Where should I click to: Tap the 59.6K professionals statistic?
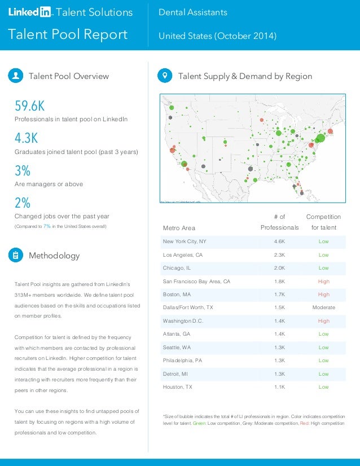(x=30, y=106)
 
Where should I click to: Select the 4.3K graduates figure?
(x=27, y=138)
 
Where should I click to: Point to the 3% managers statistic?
(x=23, y=171)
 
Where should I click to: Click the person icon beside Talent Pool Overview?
(x=16, y=76)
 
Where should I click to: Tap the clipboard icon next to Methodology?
(x=16, y=256)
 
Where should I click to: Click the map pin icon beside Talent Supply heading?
(x=165, y=76)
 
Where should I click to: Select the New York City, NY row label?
(x=185, y=241)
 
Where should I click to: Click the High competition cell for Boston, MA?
(x=323, y=294)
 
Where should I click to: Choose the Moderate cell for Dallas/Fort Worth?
(x=323, y=307)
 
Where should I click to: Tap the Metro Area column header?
(x=179, y=228)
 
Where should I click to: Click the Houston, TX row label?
(x=177, y=387)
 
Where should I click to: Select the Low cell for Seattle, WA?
(x=323, y=348)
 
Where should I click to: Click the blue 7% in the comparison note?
(x=47, y=227)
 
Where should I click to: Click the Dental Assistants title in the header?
(x=193, y=12)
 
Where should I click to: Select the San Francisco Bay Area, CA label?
(x=196, y=281)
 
